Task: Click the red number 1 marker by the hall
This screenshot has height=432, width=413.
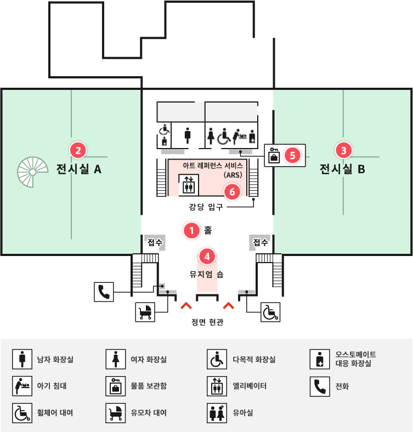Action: [191, 230]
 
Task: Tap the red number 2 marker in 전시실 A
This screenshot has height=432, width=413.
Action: [78, 150]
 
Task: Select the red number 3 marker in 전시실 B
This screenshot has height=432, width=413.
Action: [343, 150]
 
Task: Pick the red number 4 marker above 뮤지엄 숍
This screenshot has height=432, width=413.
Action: [207, 257]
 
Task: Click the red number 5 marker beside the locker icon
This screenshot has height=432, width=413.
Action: [292, 155]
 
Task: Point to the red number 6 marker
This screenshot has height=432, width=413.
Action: [232, 192]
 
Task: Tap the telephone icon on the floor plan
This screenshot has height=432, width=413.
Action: [104, 292]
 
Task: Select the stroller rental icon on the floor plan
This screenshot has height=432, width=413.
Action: [145, 312]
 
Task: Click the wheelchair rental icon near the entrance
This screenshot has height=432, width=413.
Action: [270, 312]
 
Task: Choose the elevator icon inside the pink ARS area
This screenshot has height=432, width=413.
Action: [189, 185]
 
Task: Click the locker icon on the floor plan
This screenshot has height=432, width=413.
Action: [274, 155]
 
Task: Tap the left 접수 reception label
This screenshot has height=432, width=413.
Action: [155, 242]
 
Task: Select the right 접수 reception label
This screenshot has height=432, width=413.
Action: [261, 242]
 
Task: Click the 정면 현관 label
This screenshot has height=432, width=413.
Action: [207, 322]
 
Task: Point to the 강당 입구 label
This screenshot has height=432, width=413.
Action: [206, 207]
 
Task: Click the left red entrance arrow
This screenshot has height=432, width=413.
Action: [186, 305]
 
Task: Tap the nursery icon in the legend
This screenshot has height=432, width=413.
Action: [217, 413]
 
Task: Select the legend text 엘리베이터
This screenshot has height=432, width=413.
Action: [250, 386]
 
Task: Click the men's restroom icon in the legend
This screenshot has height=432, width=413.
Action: [22, 359]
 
